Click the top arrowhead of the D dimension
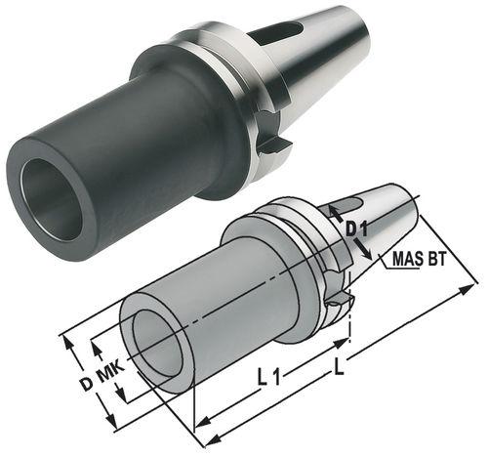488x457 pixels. tap(67, 339)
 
